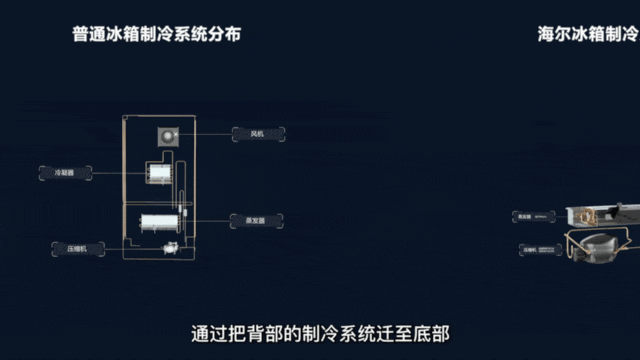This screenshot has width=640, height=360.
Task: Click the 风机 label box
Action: pyautogui.click(x=258, y=133)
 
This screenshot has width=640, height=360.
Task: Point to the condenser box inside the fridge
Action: pyautogui.click(x=157, y=174)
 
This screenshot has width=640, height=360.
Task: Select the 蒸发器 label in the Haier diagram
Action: pyautogui.click(x=529, y=214)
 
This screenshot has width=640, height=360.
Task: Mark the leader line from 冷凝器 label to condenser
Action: pyautogui.click(x=115, y=172)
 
